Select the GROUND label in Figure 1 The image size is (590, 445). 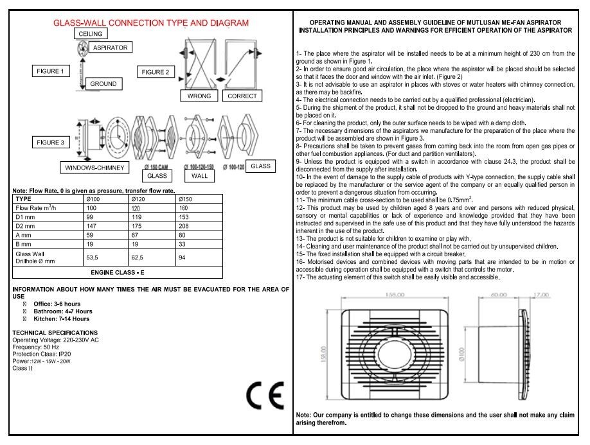(x=103, y=84)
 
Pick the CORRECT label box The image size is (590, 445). (x=242, y=96)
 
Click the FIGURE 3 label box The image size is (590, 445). (x=49, y=142)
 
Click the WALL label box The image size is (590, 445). (x=199, y=175)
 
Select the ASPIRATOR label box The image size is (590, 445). (x=110, y=48)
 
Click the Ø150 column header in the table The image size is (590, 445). (x=185, y=199)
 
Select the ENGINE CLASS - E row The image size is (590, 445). (x=118, y=273)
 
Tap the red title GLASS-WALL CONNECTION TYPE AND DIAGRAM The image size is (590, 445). (x=150, y=22)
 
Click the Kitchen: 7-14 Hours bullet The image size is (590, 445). (x=63, y=318)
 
